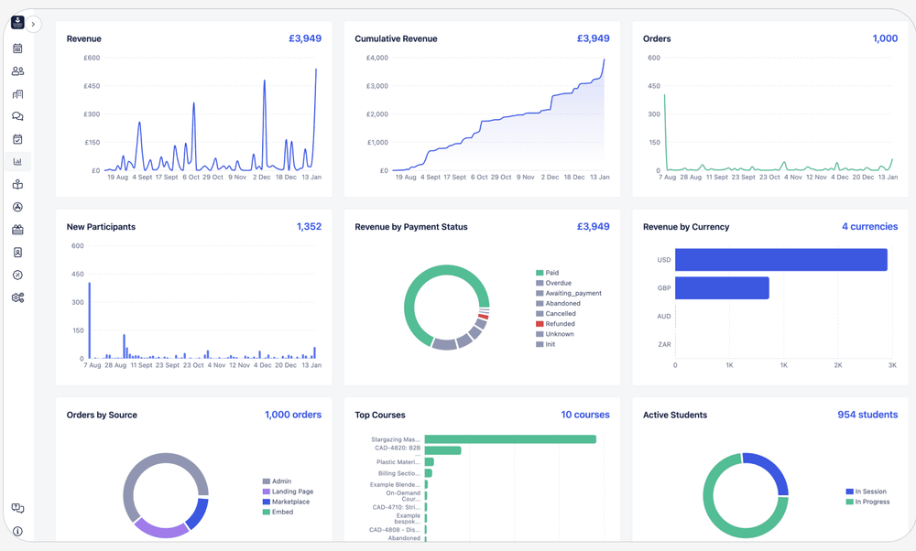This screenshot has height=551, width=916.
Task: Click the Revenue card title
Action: point(84,39)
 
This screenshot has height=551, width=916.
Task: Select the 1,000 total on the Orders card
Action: point(884,39)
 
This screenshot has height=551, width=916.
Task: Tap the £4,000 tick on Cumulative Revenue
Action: point(376,58)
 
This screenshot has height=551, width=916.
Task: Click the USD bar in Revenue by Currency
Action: point(780,260)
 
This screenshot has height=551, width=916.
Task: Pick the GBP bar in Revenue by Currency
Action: point(722,288)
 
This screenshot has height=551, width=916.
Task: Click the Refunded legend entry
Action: point(560,324)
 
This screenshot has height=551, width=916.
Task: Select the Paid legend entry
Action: point(551,273)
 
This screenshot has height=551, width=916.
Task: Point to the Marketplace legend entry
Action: point(289,502)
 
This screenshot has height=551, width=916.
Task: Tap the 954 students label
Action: point(867,415)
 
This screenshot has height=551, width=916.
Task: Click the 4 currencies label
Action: point(869,227)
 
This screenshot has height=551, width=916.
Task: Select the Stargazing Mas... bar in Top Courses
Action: point(509,439)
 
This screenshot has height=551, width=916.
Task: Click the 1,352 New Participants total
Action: point(309,227)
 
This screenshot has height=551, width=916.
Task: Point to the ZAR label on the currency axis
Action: point(664,345)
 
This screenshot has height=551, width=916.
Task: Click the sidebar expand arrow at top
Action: point(33,25)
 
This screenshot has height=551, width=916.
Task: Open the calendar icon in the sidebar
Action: point(17,49)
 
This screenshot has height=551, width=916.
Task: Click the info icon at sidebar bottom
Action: point(17,531)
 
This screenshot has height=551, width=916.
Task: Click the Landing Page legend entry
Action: point(292,492)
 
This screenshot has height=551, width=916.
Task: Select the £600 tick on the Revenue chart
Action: point(92,58)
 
